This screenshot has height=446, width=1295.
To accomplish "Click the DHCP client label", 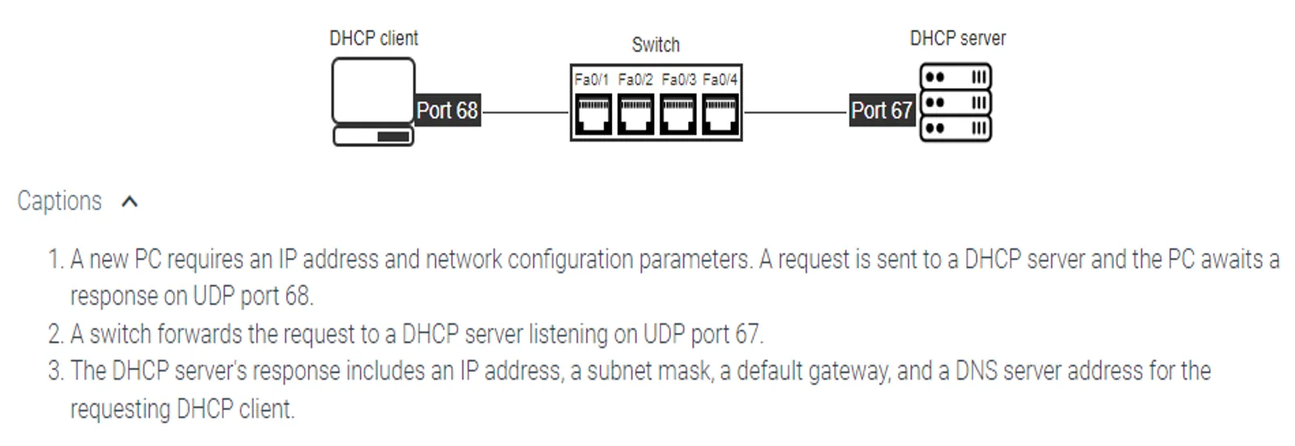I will (373, 38).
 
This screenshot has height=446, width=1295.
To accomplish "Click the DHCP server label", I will (957, 38).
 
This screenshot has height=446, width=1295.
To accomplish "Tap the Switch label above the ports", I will (656, 44).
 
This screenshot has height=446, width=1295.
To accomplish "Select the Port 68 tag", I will (447, 110).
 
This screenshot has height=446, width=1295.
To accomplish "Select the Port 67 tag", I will (881, 110).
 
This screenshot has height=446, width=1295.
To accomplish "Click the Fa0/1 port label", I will (591, 79).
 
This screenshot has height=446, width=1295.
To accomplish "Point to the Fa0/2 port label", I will (635, 79).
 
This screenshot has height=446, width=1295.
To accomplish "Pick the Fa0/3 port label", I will (678, 79).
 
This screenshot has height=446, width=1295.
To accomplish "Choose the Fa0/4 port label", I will (720, 79).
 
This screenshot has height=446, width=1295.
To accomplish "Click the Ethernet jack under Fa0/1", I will (593, 114).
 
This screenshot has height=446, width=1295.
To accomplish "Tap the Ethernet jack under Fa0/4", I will (719, 114).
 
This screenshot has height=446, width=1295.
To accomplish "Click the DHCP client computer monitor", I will (373, 90).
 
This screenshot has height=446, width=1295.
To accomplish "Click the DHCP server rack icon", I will (955, 103).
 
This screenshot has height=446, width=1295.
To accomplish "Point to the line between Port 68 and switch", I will (525, 112).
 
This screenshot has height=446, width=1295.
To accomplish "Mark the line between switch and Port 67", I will (795, 112).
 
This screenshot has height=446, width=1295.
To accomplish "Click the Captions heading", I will (60, 200).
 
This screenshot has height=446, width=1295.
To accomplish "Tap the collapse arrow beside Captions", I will (129, 201).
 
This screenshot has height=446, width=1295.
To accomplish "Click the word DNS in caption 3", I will (976, 371).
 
